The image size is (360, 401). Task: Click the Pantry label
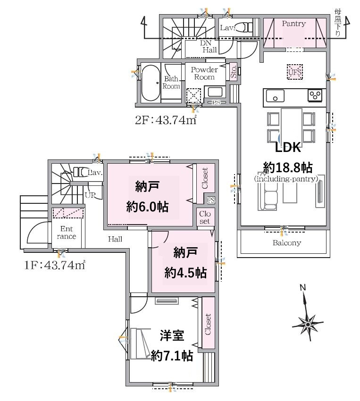[294, 24]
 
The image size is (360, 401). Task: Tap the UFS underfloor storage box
[295, 72]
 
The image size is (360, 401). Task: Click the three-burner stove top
[315, 95]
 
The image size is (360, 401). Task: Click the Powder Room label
[204, 73]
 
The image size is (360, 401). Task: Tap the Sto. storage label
[233, 72]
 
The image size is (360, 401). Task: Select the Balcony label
[286, 242]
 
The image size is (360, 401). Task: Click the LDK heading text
[288, 148]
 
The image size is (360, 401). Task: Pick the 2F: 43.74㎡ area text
[166, 120]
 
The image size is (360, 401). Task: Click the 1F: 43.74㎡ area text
[55, 265]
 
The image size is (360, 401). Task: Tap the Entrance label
[67, 232]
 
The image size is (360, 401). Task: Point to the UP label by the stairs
[90, 195]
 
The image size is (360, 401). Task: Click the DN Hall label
[209, 47]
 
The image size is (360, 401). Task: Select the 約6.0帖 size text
[147, 207]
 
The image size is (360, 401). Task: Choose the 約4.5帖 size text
[185, 273]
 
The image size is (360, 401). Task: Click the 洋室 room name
[172, 336]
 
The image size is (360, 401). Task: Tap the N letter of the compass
[303, 287]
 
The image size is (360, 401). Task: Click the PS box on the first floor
[211, 200]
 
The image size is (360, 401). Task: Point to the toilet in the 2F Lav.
[243, 26]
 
